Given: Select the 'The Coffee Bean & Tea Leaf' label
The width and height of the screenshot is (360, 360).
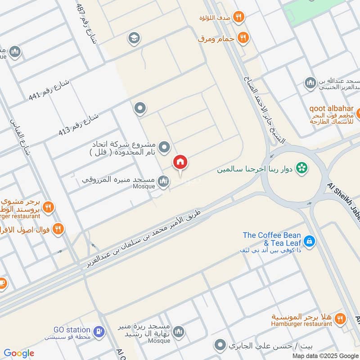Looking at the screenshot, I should tap(272, 238).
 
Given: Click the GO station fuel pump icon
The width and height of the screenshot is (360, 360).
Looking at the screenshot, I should tap(99, 332).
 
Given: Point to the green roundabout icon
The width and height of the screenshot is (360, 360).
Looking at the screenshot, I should tap(303, 168).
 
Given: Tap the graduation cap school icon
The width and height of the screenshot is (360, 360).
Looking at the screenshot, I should tap(133, 38).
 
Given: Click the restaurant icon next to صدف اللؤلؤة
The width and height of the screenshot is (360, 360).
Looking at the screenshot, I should tap(239, 18).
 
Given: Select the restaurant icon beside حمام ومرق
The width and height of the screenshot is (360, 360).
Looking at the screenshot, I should tap(243, 38).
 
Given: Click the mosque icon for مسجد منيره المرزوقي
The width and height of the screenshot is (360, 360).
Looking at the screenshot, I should tap(164, 181).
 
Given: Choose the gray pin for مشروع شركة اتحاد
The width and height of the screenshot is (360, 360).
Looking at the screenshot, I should tap(165, 147).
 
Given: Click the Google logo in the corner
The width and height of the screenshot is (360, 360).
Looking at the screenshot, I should tap(19, 353).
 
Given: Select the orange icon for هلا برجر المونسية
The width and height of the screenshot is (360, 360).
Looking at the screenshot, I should tap(340, 319).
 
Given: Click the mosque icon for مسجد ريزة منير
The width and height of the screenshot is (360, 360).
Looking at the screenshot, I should tap(179, 332).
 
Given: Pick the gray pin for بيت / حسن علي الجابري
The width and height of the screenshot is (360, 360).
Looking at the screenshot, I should tap(220, 346).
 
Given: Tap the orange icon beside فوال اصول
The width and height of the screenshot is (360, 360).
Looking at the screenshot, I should tap(58, 229).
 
